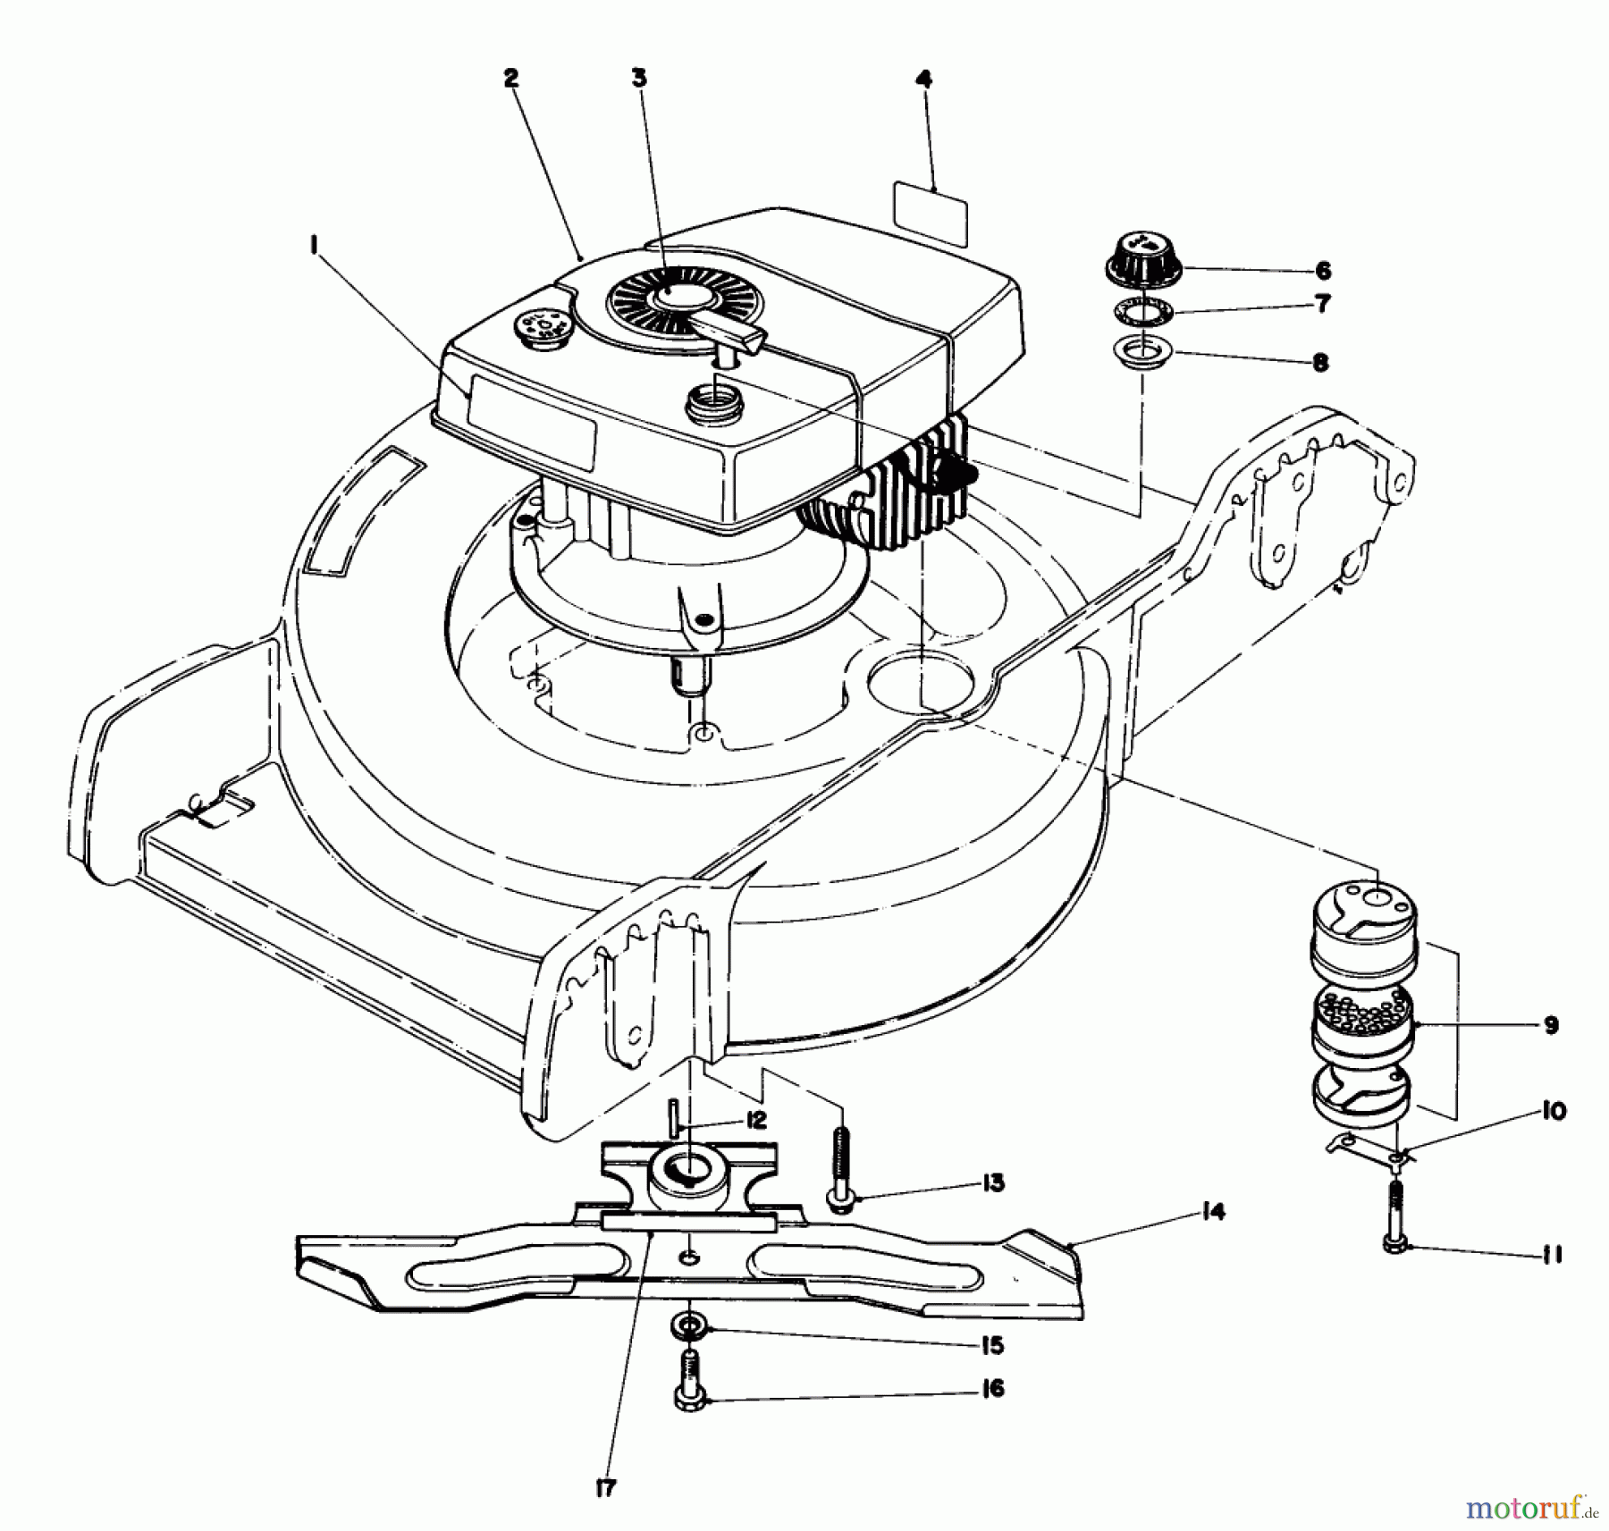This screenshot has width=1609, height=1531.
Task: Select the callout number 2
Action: tap(510, 79)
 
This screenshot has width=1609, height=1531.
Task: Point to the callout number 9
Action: tap(1550, 1025)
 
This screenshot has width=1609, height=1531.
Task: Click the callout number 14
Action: tap(1214, 1213)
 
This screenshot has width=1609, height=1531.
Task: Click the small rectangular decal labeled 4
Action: tap(931, 213)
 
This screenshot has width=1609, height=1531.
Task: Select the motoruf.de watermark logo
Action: tap(1529, 1508)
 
